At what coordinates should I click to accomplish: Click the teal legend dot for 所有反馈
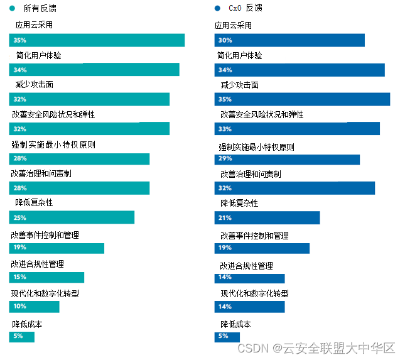[x=12, y=8]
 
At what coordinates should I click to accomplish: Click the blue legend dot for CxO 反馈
[x=217, y=8]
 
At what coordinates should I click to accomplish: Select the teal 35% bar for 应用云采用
[x=97, y=40]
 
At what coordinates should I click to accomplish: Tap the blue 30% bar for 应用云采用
[x=289, y=40]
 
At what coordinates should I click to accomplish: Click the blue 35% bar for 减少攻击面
[x=302, y=99]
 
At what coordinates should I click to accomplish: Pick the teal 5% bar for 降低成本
[x=21, y=337]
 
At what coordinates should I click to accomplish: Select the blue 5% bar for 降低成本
[x=227, y=337]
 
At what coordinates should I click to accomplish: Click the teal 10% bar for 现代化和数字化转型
[x=34, y=307]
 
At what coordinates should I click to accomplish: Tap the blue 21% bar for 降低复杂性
[x=267, y=218]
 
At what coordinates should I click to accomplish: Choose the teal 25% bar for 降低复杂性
[x=72, y=217]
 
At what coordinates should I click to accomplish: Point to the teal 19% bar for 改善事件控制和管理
[x=57, y=248]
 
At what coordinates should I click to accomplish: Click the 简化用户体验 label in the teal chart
[x=38, y=55]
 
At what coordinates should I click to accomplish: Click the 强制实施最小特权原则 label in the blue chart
[x=256, y=147]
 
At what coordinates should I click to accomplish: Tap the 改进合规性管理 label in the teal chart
[x=37, y=264]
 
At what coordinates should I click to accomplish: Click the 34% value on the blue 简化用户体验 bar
[x=225, y=70]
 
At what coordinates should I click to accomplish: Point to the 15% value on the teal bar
[x=19, y=277]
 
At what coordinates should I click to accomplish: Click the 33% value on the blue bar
[x=225, y=129]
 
